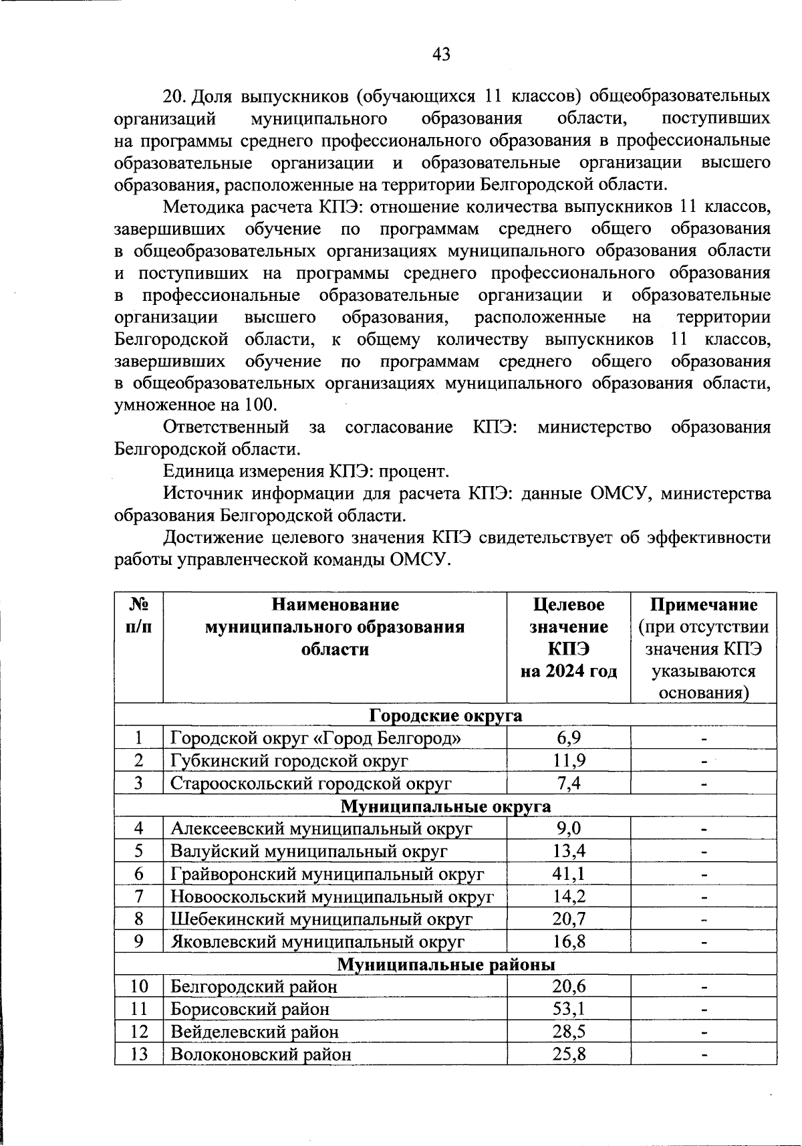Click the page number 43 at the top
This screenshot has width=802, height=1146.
coord(441,54)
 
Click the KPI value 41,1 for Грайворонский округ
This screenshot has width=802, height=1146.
coord(568,873)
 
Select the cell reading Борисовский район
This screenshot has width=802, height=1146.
coord(250,1008)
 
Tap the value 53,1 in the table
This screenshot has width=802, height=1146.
coord(568,1008)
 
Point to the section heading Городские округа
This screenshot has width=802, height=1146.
coord(446,715)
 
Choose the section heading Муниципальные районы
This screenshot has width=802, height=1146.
coord(446,964)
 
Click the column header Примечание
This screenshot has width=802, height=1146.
coord(704,605)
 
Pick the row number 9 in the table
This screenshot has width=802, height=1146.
coord(138,941)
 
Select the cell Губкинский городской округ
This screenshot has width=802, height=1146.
coord(289,760)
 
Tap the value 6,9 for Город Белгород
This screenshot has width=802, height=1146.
coord(568,737)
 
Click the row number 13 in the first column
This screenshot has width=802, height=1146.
coord(138,1054)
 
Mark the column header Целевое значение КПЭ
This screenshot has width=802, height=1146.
coord(568,638)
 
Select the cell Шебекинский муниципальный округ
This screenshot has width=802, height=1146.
coord(321,919)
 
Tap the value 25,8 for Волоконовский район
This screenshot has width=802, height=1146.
coord(568,1054)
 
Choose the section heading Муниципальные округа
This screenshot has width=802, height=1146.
coord(446,806)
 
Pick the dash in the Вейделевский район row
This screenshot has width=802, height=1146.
coord(704,1032)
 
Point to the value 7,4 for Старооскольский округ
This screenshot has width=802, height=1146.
coord(568,783)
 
